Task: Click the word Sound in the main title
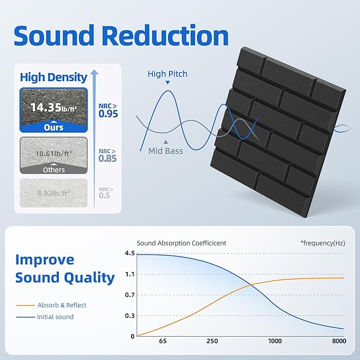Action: click(53, 36)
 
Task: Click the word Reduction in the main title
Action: click(166, 36)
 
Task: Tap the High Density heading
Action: click(54, 77)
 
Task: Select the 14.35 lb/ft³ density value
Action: click(54, 108)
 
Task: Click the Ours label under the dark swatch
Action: click(54, 127)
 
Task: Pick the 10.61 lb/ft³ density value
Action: click(54, 153)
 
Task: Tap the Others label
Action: click(54, 170)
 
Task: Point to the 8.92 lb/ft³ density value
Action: click(54, 194)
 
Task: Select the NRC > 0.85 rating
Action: click(108, 155)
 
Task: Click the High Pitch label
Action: click(168, 74)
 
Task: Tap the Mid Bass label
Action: click(166, 151)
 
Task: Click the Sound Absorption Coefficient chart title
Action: click(181, 243)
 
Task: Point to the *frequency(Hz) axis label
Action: click(322, 243)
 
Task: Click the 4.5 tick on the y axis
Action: click(130, 253)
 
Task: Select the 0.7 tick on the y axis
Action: click(130, 295)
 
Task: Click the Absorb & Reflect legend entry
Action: click(62, 305)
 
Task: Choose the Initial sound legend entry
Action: click(55, 317)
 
